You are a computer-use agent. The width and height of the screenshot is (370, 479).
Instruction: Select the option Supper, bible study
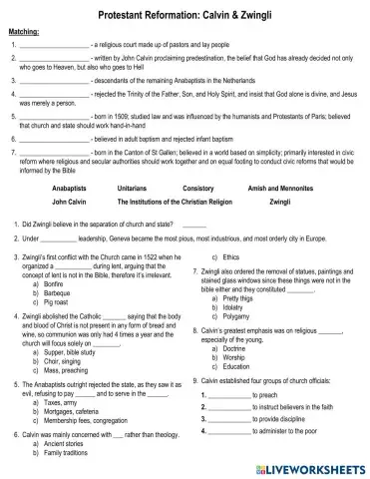74,351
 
